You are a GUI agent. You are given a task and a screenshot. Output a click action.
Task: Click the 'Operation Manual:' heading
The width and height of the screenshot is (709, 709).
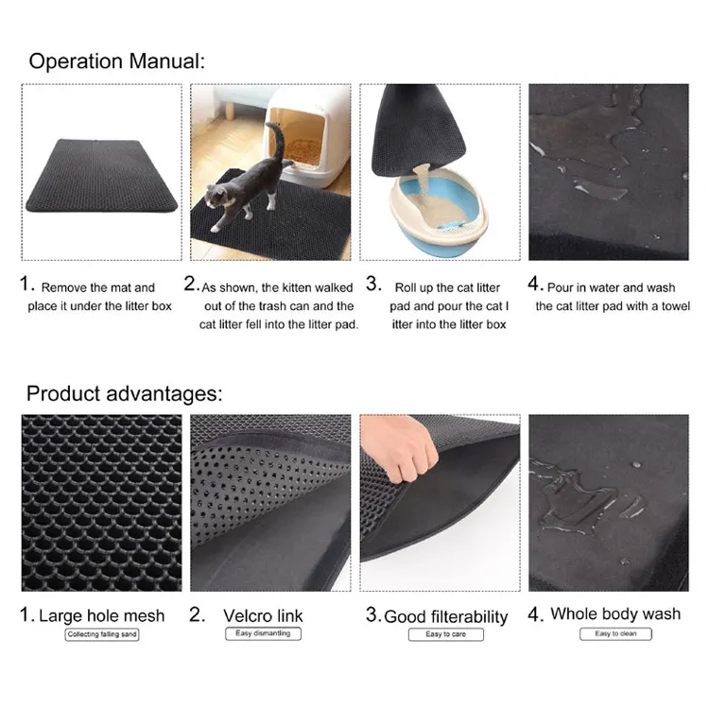[116, 61]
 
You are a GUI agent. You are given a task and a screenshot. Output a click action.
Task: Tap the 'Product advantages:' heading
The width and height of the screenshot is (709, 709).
[125, 393]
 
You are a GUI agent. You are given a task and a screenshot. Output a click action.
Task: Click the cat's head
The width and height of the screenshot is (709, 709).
[216, 197]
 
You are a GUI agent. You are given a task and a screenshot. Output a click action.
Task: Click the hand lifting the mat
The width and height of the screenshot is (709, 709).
[399, 448]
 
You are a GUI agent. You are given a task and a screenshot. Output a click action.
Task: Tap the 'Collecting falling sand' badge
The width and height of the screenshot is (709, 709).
[102, 634]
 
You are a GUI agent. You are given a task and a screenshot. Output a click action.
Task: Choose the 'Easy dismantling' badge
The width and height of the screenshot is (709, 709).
[263, 633]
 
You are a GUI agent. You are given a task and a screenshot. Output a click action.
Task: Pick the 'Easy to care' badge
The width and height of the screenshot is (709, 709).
[446, 634]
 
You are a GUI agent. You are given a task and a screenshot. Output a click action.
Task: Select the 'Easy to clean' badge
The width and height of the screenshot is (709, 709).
[615, 634]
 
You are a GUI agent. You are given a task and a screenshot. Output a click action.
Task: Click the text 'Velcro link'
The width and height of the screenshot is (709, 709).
[263, 615]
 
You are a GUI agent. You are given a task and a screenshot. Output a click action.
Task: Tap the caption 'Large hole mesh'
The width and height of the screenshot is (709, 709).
[102, 615]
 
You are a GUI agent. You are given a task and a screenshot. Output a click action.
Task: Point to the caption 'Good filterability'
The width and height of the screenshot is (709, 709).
[446, 616]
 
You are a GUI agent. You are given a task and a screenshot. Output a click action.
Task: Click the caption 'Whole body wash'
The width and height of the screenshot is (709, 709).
[615, 614]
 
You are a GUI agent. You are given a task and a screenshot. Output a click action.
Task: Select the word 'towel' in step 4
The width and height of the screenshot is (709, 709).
[676, 306]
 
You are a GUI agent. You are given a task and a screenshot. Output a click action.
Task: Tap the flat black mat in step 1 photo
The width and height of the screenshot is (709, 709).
[102, 176]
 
